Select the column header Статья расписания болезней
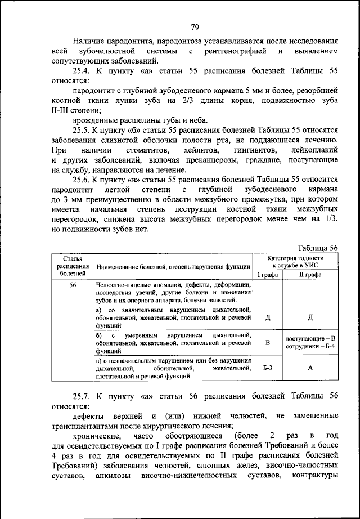coord(73,265)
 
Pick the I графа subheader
coord(268,275)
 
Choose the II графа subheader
coord(310,275)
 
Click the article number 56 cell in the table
coord(73,285)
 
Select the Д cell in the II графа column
coord(310,317)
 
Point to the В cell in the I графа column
coord(268,342)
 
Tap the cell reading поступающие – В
coord(310,338)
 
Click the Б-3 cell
coord(268,368)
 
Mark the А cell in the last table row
coord(310,368)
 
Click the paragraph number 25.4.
coord(82,71)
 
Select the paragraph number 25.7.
coord(82,396)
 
